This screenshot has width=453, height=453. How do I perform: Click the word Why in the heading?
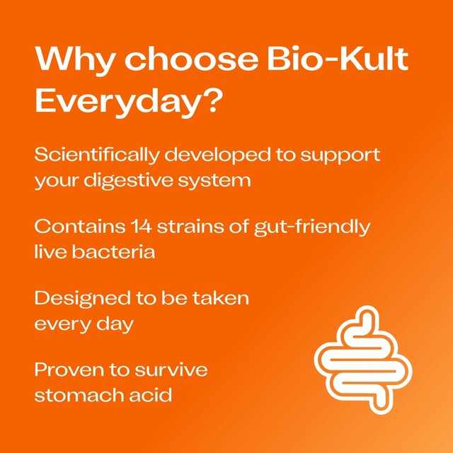click(71, 61)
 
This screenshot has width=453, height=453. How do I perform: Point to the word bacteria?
click(115, 252)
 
